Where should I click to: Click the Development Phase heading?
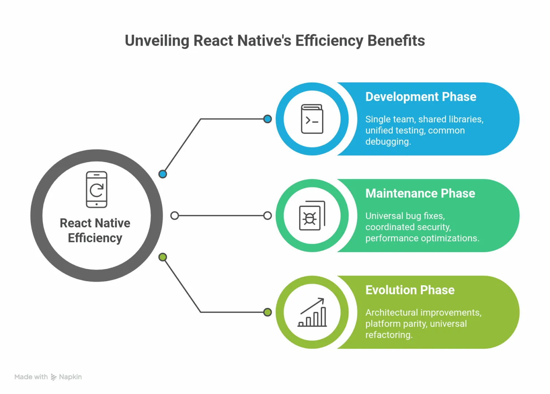421,97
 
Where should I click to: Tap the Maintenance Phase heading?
420,193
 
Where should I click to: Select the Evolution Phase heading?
410,290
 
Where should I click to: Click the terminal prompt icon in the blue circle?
312,119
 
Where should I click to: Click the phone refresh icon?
97,189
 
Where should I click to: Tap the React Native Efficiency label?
95,231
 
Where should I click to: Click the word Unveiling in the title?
157,41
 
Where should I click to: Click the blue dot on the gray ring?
163,174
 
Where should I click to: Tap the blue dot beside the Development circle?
267,119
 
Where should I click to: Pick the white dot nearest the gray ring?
175,216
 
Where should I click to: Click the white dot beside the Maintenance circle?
267,216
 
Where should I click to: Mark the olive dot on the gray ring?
163,257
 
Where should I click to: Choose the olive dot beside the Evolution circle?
267,312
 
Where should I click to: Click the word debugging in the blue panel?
388,142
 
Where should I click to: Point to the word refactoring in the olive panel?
389,335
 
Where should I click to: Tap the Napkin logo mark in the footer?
54,377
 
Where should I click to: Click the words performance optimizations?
422,238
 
